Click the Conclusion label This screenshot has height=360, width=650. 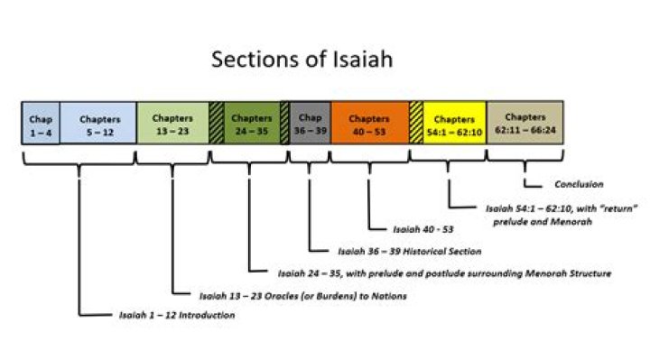coord(578,184)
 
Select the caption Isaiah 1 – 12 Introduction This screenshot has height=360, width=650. coord(177,316)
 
